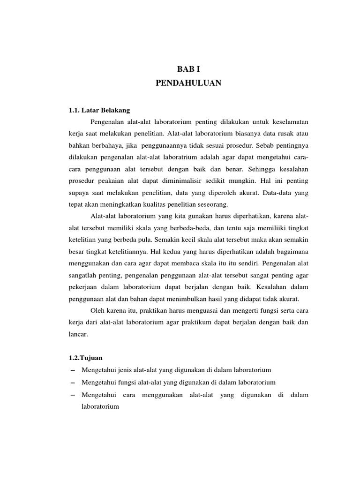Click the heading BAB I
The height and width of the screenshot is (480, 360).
point(188,68)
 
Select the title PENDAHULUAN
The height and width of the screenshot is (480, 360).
point(188,83)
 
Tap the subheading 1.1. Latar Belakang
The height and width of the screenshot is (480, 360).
point(99,110)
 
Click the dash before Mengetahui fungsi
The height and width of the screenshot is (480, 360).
point(72,382)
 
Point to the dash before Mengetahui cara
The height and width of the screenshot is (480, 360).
point(72,395)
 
